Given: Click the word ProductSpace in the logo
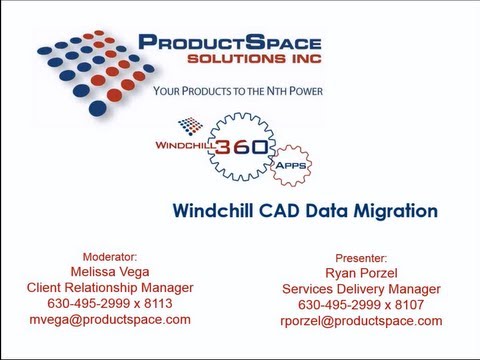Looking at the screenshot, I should point(229,43).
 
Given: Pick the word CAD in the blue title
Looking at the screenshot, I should point(276,211).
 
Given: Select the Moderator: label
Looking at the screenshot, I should point(110,256).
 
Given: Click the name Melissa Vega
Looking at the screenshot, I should point(110,271).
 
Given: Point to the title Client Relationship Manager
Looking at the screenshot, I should point(110,287).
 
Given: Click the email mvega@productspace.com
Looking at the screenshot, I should point(110,319).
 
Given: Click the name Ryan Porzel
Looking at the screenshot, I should point(361,273).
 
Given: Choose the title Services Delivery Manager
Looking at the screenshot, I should point(361,289).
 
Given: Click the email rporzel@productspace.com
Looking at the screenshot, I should point(361,321).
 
